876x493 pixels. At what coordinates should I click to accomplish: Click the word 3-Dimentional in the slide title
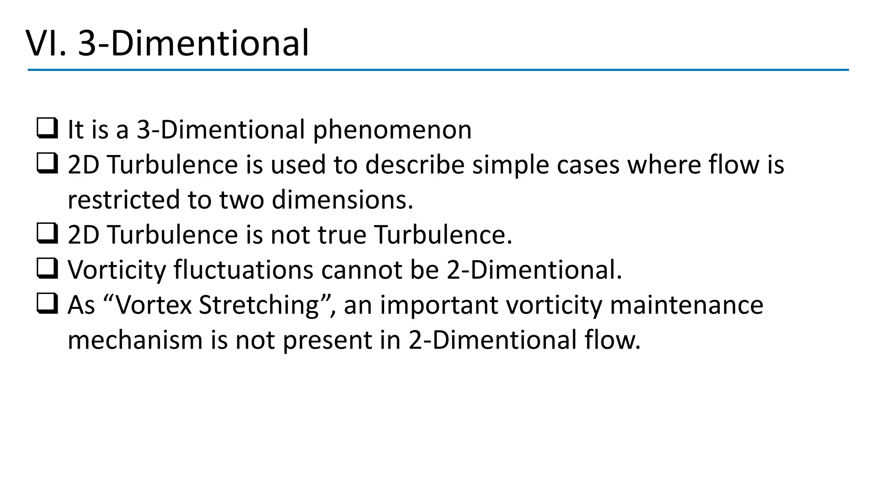(x=193, y=43)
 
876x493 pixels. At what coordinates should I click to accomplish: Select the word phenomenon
(x=392, y=130)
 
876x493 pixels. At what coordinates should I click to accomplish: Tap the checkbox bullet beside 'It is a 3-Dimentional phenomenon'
(x=47, y=129)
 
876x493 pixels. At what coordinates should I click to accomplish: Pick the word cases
(x=588, y=165)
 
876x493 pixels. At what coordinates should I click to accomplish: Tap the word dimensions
(x=343, y=200)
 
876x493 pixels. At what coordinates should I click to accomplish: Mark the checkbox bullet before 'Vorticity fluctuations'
(x=47, y=269)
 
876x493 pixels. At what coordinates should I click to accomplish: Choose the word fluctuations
(x=243, y=270)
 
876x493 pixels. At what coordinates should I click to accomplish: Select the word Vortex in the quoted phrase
(x=154, y=306)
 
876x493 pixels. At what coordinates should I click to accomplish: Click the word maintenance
(x=687, y=306)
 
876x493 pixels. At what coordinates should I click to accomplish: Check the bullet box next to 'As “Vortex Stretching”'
(x=47, y=304)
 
